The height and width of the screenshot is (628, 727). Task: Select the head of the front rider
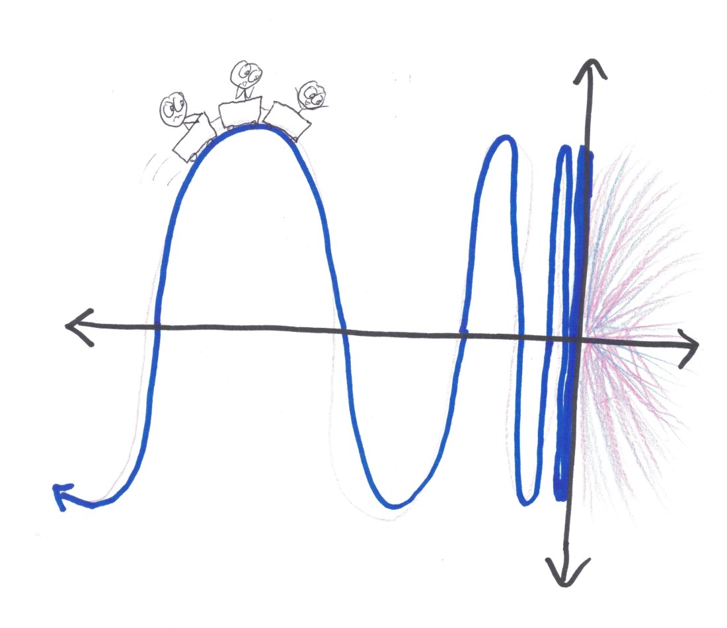pos(309,97)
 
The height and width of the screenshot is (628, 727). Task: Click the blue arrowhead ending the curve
pos(61,494)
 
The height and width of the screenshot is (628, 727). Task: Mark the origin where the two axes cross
pos(579,339)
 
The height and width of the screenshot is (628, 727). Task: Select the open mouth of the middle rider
pos(245,85)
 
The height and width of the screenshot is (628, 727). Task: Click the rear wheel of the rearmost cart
pos(192,157)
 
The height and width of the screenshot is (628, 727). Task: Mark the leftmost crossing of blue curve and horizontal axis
pos(157,325)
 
